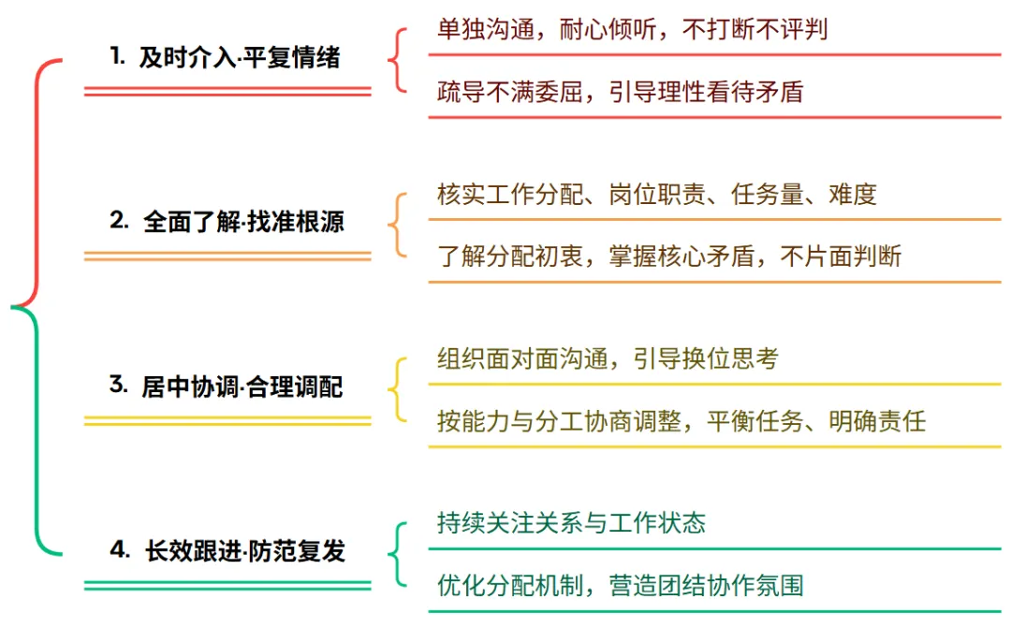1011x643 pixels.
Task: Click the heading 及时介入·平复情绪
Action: [x=239, y=58]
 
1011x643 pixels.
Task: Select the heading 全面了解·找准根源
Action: [x=243, y=222]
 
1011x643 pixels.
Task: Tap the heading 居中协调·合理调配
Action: [x=242, y=386]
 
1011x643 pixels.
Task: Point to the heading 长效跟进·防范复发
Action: [x=244, y=551]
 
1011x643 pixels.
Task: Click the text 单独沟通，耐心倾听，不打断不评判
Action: [x=632, y=29]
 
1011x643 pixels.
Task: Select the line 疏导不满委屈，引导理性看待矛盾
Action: [x=620, y=92]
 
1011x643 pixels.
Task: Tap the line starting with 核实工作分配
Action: [x=656, y=194]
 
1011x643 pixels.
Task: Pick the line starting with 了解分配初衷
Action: [x=668, y=256]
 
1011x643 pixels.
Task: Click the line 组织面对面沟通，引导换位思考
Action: [x=607, y=358]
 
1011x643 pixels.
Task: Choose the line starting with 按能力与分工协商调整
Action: [x=681, y=421]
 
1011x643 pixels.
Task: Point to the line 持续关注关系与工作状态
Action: [x=571, y=522]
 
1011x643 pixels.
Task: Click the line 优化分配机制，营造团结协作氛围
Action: [x=620, y=586]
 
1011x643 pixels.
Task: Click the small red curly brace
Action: [x=398, y=61]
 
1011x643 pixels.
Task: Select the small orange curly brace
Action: [x=398, y=225]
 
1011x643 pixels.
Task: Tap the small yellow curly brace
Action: [x=398, y=389]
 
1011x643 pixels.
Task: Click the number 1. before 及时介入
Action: [x=117, y=57]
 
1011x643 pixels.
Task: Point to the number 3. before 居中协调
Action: [x=118, y=385]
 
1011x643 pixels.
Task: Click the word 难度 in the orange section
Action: [x=852, y=194]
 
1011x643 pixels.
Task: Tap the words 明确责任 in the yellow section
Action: [x=876, y=421]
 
